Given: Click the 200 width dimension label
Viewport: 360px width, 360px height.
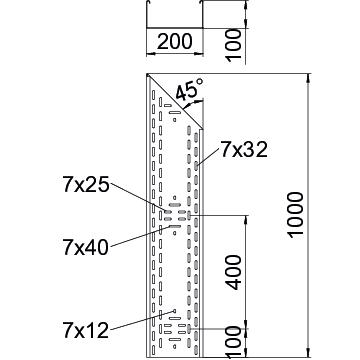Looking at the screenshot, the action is click(x=175, y=41).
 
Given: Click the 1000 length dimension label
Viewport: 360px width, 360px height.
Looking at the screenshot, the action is click(x=296, y=215).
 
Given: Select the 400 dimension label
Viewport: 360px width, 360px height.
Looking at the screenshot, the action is click(x=233, y=272).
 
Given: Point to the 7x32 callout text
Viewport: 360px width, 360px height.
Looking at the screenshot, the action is click(x=244, y=150).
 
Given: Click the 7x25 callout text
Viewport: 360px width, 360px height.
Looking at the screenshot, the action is click(x=86, y=185).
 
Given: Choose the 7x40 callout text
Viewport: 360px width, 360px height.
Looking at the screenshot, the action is click(x=86, y=247).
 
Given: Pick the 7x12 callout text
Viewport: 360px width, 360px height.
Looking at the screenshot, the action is click(x=86, y=330).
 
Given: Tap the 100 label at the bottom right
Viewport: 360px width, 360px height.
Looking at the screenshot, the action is click(x=233, y=342).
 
